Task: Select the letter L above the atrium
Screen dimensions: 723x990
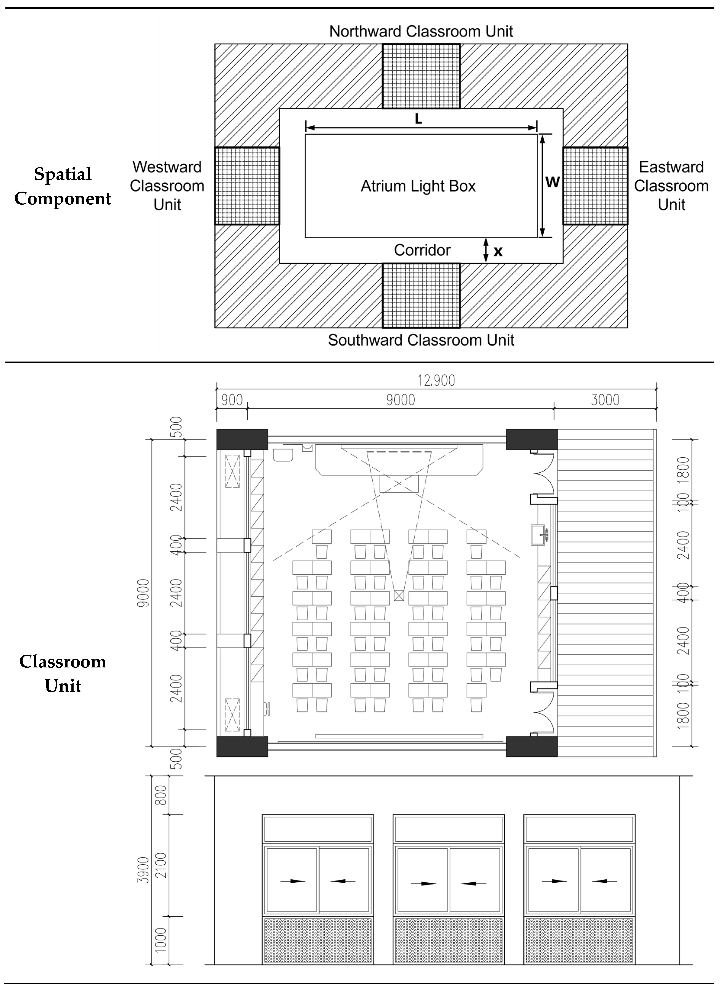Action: [x=418, y=119]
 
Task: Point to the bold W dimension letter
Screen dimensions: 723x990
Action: [x=552, y=182]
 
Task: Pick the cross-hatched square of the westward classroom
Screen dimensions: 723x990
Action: [x=247, y=186]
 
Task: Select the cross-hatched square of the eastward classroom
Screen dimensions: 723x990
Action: [x=595, y=186]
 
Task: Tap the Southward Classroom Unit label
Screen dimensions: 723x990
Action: [x=421, y=340]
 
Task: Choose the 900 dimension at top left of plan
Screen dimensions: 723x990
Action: [x=232, y=400]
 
